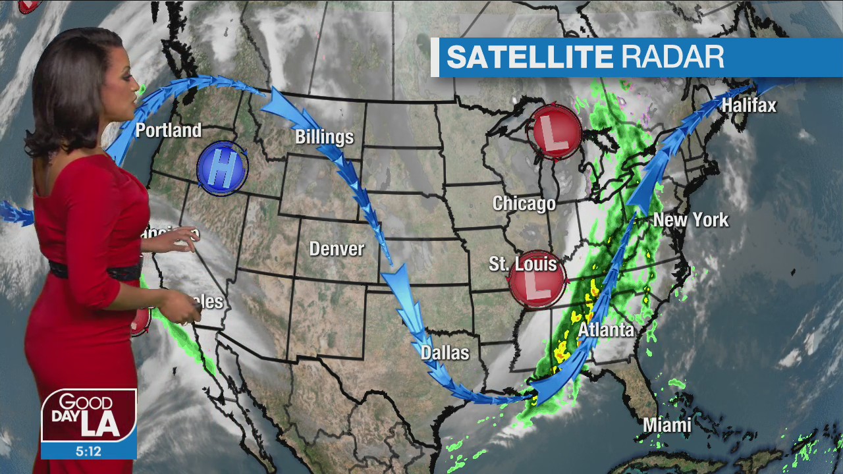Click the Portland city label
pyautogui.click(x=168, y=130)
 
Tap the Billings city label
pyautogui.click(x=324, y=137)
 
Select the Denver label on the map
pyautogui.click(x=337, y=249)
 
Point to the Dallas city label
pyautogui.click(x=445, y=353)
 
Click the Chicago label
pyautogui.click(x=524, y=203)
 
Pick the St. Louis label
pyautogui.click(x=523, y=264)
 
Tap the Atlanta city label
pyautogui.click(x=606, y=330)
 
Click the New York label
pyautogui.click(x=691, y=220)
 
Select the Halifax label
pyautogui.click(x=749, y=105)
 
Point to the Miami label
pyautogui.click(x=667, y=425)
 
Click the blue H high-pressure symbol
pyautogui.click(x=223, y=169)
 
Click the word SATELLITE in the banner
pyautogui.click(x=530, y=57)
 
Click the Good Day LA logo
pyautogui.click(x=89, y=415)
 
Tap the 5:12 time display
pyautogui.click(x=88, y=452)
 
